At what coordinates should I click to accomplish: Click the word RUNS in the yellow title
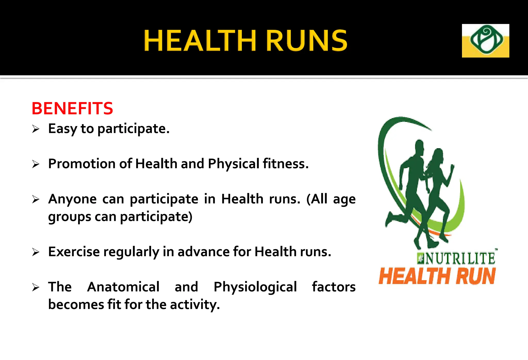tap(306, 41)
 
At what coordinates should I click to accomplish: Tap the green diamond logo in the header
tap(485, 40)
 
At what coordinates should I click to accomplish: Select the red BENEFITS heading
tap(72, 108)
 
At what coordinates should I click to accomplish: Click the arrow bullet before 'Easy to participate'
tap(36, 129)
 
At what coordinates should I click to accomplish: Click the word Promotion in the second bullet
tap(81, 164)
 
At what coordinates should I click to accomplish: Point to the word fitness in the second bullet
tap(285, 164)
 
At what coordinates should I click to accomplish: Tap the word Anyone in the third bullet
tap(72, 199)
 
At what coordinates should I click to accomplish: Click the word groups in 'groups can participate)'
tap(69, 217)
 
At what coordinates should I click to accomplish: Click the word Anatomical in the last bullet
tap(123, 287)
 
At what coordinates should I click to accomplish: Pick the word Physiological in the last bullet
tap(255, 287)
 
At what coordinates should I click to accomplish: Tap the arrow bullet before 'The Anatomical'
tap(36, 287)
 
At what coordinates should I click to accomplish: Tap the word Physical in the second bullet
tap(234, 164)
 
